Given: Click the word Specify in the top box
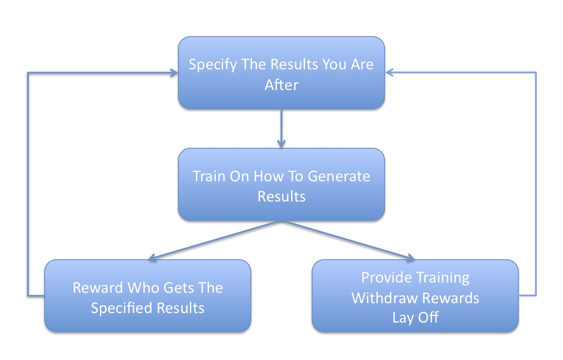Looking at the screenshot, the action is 213,65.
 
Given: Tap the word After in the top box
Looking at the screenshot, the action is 282,85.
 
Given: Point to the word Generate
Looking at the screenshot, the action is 339,176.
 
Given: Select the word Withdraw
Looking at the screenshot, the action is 385,298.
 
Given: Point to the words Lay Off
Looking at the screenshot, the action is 415,318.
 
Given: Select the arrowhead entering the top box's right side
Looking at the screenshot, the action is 389,73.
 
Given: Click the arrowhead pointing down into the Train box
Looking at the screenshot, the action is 281,144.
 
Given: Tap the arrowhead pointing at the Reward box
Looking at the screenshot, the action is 153,258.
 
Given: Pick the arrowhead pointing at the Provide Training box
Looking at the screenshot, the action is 410,257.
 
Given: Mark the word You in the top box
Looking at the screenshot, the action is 333,64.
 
